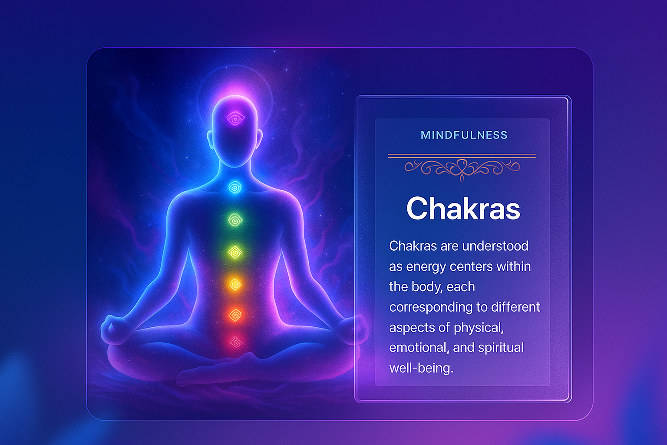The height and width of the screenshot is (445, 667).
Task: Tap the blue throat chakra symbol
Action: pyautogui.click(x=235, y=188)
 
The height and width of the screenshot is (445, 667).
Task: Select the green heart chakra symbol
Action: pyautogui.click(x=235, y=220)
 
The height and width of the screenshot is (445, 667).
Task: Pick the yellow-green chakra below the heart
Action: pyautogui.click(x=235, y=253)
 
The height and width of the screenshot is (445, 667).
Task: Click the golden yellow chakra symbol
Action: pyautogui.click(x=235, y=285)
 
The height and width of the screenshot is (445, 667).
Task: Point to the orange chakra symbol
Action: pyautogui.click(x=235, y=315)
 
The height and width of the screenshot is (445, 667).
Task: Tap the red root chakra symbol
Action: pyautogui.click(x=236, y=342)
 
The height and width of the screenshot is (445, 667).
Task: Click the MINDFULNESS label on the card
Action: pyautogui.click(x=464, y=135)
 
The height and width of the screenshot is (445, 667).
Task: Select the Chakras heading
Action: pyautogui.click(x=463, y=208)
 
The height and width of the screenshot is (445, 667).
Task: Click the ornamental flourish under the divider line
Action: pyautogui.click(x=462, y=169)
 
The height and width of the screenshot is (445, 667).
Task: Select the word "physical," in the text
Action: pyautogui.click(x=479, y=328)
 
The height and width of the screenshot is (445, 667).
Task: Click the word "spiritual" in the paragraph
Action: pyautogui.click(x=501, y=348)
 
